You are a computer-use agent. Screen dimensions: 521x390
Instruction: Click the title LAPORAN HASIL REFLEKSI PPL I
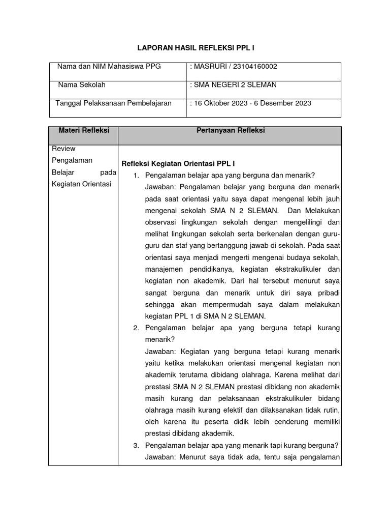point(196,47)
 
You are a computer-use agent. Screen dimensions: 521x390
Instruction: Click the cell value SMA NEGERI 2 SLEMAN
point(233,85)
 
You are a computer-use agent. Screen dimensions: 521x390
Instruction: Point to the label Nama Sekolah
point(81,85)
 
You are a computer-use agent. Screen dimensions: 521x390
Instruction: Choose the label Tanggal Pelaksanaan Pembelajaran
point(113,103)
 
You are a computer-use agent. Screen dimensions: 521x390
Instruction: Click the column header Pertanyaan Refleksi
point(231,131)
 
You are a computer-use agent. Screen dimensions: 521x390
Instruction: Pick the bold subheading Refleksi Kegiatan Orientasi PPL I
point(177,163)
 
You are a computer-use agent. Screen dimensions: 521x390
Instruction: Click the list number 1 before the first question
point(136,175)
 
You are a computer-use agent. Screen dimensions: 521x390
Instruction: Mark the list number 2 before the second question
point(136,328)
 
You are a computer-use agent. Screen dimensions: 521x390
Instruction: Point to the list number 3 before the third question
point(136,445)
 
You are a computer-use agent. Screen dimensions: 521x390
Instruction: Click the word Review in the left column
point(63,149)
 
